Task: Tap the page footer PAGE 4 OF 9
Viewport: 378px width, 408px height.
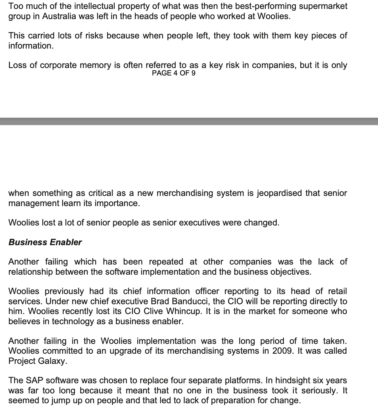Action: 173,73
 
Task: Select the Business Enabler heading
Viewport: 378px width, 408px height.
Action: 45,242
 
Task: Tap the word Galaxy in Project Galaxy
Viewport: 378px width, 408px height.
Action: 54,361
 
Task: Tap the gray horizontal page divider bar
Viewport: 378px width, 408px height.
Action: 189,121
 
